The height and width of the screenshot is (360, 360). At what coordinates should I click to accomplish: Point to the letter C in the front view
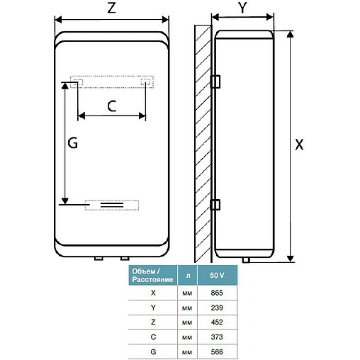pos(112,106)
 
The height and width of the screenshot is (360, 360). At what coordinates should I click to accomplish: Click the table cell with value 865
pos(218,291)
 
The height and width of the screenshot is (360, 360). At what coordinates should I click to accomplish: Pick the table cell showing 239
pos(218,308)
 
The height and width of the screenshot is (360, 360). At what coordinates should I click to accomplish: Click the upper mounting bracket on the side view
pos(215,81)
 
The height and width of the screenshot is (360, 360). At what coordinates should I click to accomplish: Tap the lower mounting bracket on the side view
pos(215,206)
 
